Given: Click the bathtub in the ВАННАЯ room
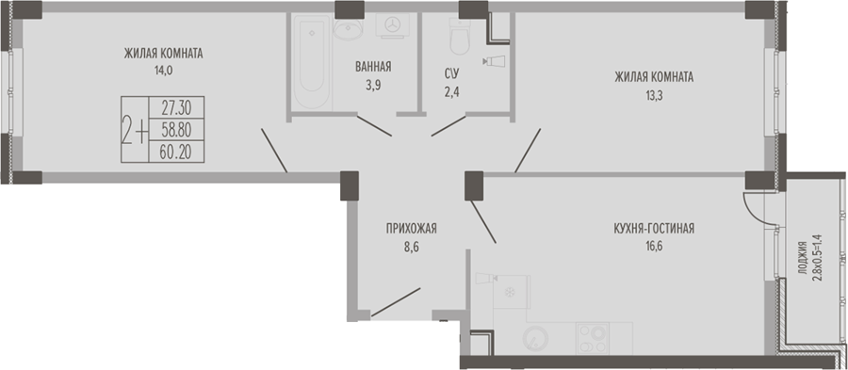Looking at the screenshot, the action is (x=312, y=60).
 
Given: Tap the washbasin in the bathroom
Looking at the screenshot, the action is (x=348, y=28).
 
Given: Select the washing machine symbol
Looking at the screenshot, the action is (x=393, y=25).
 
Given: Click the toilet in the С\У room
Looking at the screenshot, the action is (x=460, y=37).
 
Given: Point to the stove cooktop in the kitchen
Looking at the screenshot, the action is (x=593, y=338).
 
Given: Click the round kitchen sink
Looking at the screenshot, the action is (x=535, y=339).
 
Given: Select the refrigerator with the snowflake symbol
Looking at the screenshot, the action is (x=511, y=292).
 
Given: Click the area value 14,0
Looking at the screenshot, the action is (x=163, y=70).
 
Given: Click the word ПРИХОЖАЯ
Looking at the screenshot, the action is (x=411, y=229).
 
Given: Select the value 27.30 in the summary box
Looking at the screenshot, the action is (x=176, y=108).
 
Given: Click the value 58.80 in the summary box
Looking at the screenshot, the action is (x=176, y=130).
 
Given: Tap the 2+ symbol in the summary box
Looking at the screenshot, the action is (x=135, y=130).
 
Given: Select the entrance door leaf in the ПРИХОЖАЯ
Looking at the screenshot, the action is (x=396, y=302).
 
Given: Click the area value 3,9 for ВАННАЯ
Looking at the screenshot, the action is (x=373, y=86).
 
